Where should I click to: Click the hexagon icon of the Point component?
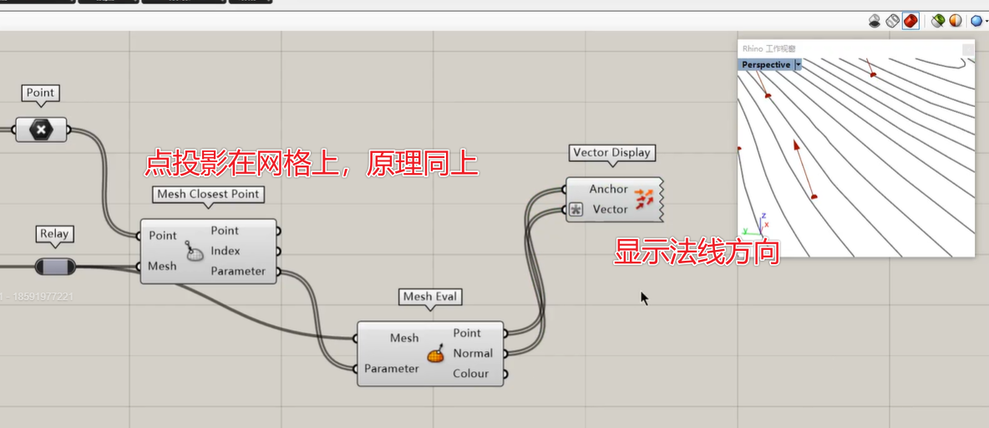tap(40, 130)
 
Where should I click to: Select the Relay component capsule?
tap(55, 267)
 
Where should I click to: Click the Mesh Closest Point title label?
tap(209, 194)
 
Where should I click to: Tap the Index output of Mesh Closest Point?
tap(226, 251)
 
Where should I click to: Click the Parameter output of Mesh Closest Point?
tap(238, 271)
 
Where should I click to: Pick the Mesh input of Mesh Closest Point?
tap(162, 266)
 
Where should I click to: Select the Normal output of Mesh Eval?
tap(473, 353)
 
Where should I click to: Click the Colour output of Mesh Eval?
tap(470, 373)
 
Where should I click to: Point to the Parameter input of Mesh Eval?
tap(391, 369)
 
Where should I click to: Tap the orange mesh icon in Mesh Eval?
tap(436, 354)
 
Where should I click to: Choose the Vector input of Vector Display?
tap(610, 209)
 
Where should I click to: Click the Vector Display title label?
tap(611, 153)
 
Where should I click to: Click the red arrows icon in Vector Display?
tap(644, 199)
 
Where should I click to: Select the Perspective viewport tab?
tap(766, 64)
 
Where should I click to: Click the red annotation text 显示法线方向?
tap(697, 252)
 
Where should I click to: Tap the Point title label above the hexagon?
tap(40, 93)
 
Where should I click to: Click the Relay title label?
tap(54, 234)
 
